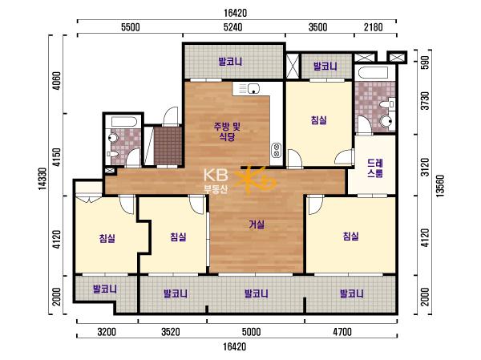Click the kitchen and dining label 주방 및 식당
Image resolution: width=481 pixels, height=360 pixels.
coord(227,131)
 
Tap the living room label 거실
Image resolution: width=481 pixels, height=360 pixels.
coord(257,224)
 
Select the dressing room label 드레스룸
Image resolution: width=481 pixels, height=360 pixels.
coord(375,168)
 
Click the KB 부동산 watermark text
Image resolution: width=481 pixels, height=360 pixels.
coord(216,181)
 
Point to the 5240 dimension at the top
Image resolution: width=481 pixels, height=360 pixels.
coord(232,27)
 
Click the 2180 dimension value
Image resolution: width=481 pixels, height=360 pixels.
coord(374,27)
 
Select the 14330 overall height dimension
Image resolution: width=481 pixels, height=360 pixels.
coord(42,179)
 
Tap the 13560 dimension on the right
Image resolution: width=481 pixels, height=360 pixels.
coord(440,186)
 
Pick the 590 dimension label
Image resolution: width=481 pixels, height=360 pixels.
coord(426,63)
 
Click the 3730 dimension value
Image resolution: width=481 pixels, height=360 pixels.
coord(426,101)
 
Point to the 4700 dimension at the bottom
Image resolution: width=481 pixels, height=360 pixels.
coord(342,332)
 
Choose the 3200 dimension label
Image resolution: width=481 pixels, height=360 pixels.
coord(107,332)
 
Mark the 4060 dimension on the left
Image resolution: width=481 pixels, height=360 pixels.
coord(57,80)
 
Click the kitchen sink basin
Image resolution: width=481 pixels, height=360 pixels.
coord(253,88)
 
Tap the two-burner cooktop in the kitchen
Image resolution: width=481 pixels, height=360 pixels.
coord(277,150)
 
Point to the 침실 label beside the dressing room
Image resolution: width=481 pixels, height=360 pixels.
coord(319,119)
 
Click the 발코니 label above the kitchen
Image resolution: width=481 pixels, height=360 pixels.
coord(230,62)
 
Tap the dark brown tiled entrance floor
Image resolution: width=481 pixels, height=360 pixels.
coord(168,146)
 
